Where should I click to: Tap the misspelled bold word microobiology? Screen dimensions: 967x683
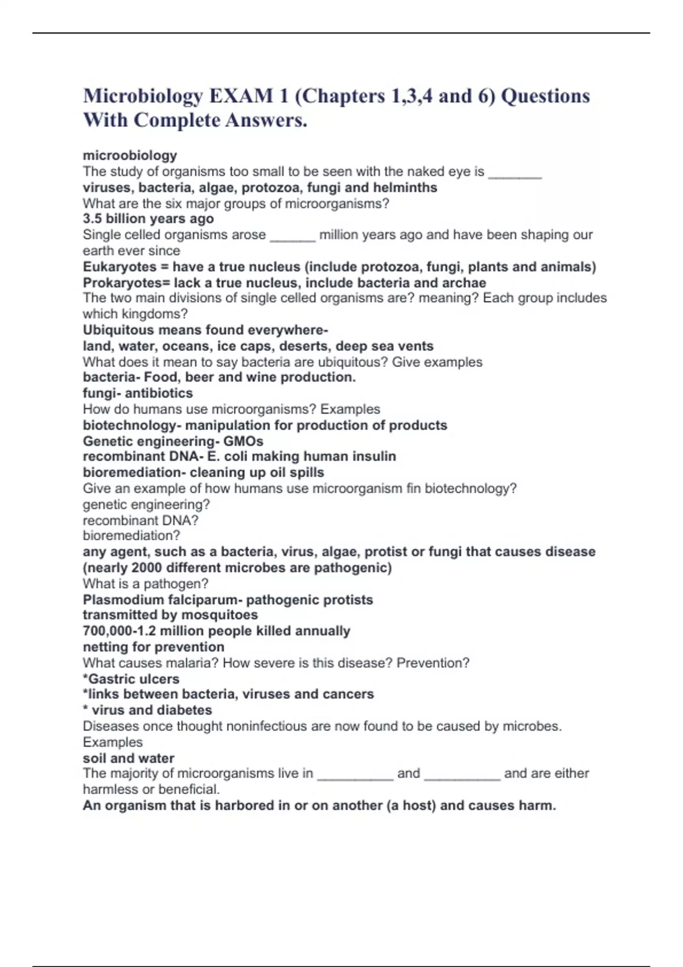tap(130, 155)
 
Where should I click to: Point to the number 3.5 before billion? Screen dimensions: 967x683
tap(92, 219)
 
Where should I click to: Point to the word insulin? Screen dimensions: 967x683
tap(374, 456)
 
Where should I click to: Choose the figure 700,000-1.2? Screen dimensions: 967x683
tap(120, 631)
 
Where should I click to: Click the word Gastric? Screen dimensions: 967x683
tap(110, 679)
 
